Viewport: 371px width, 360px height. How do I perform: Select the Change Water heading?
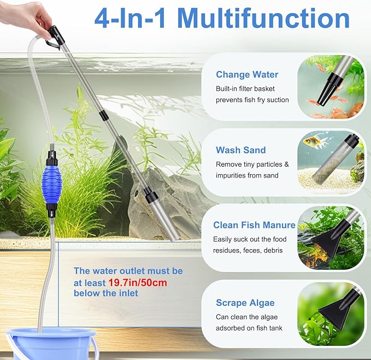tap(246, 75)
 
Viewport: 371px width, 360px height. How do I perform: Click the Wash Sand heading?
tap(240, 150)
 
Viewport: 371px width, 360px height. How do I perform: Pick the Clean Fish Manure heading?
tap(254, 225)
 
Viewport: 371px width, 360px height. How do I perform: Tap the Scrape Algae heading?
tap(245, 303)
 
